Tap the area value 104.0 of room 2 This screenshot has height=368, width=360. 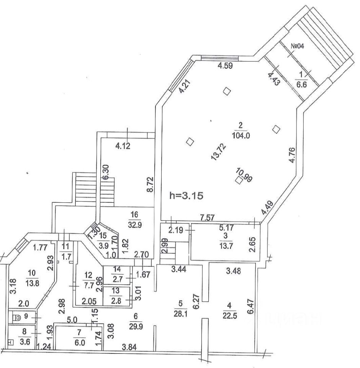coord(240,135)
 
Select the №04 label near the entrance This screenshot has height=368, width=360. coord(298,46)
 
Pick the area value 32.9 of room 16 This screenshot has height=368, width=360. coord(136,225)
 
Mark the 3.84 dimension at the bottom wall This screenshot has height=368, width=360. coord(129,348)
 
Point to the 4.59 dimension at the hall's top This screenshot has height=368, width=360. coord(225,65)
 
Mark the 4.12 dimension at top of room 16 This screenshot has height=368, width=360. coord(123,146)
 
